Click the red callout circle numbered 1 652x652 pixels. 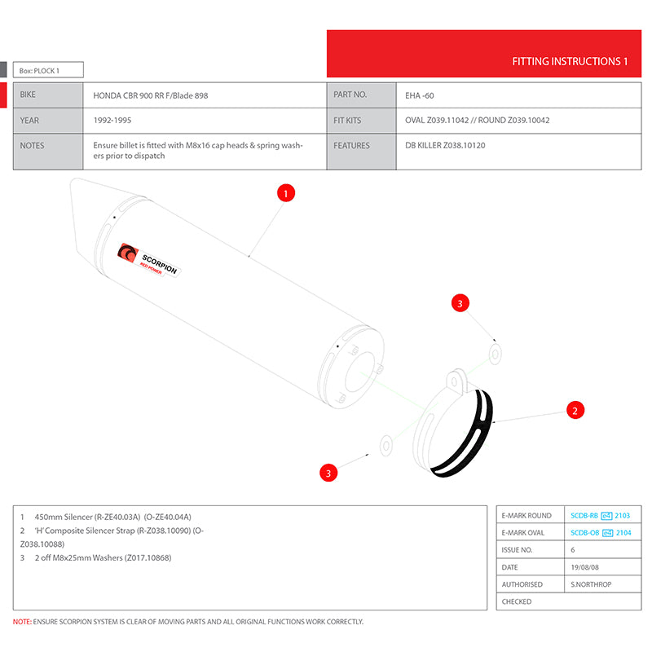click(285, 193)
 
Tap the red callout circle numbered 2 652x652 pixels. click(575, 410)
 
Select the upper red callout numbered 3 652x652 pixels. click(460, 304)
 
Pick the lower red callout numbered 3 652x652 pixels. click(328, 473)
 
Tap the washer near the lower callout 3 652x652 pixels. click(385, 445)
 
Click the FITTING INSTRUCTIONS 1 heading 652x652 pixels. click(570, 61)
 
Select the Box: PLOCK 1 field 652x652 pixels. click(48, 71)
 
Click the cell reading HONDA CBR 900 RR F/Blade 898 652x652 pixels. click(150, 95)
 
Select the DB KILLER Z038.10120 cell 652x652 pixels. click(440, 146)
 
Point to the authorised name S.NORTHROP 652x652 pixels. click(592, 584)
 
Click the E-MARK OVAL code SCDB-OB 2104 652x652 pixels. click(601, 533)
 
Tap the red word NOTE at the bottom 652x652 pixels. click(21, 622)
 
